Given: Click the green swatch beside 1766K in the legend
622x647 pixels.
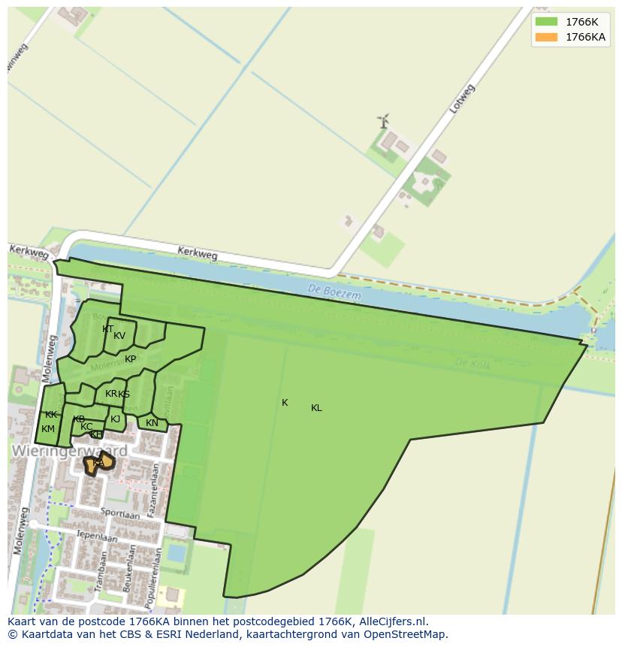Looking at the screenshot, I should click(x=546, y=21).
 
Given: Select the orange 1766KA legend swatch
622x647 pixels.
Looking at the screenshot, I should click(x=546, y=37).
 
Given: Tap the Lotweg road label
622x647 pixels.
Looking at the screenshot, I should click(x=462, y=99).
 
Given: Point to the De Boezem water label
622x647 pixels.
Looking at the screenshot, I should click(x=334, y=292).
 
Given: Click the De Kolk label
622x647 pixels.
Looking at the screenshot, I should click(x=472, y=363).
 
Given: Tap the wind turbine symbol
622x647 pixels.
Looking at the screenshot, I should click(x=383, y=120).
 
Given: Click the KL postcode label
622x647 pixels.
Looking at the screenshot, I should click(x=316, y=408).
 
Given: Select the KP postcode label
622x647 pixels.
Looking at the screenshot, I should click(x=131, y=359).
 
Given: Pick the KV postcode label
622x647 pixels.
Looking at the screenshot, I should click(x=119, y=336).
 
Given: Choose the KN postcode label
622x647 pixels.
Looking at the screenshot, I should click(x=152, y=423).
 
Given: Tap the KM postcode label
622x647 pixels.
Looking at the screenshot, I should click(x=48, y=429).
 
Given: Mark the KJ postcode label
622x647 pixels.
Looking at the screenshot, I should click(x=115, y=419).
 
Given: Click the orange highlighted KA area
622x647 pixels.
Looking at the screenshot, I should click(x=98, y=464).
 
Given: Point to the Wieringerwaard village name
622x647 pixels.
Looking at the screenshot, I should click(x=69, y=451).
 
